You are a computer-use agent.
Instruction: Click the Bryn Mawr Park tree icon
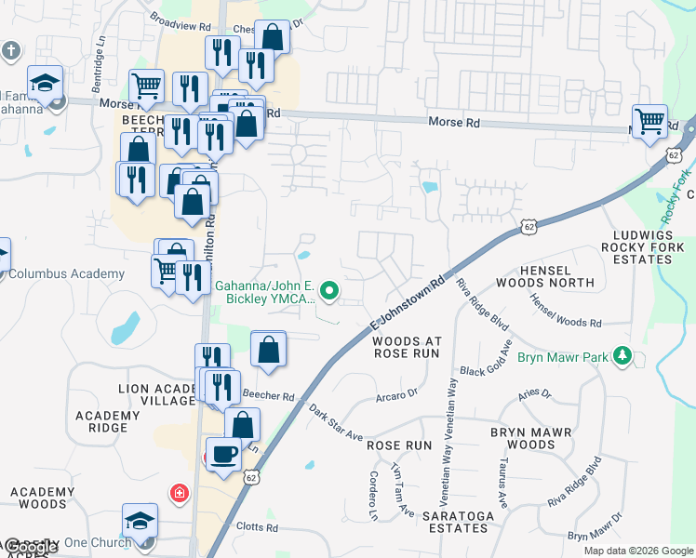623,356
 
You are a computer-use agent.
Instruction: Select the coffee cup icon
222,456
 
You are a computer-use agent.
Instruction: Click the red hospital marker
178,492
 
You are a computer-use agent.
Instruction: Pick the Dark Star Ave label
335,422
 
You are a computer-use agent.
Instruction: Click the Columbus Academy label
65,273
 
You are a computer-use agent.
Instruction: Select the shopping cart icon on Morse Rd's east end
649,121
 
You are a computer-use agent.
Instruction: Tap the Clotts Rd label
258,527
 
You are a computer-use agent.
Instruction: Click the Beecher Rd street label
268,394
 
